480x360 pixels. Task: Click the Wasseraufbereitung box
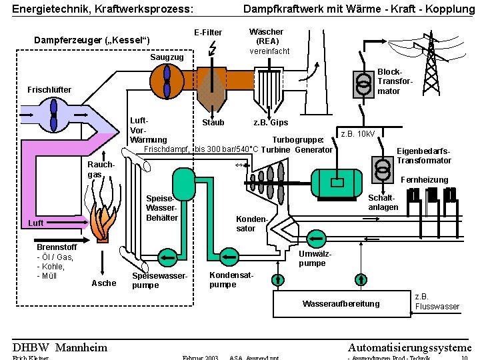pyautogui.click(x=340, y=303)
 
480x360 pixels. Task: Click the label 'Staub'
pyautogui.click(x=213, y=123)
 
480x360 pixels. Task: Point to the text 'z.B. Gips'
pyautogui.click(x=271, y=123)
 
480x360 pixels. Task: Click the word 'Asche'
pyautogui.click(x=103, y=283)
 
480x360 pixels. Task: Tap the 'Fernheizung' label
pyautogui.click(x=425, y=180)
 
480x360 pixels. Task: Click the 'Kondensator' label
pyautogui.click(x=246, y=224)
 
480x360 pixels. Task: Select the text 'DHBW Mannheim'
pyautogui.click(x=60, y=347)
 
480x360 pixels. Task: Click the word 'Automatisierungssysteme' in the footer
pyautogui.click(x=409, y=347)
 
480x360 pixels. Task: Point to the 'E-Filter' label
pyautogui.click(x=208, y=33)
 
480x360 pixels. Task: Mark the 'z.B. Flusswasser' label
pyautogui.click(x=437, y=301)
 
